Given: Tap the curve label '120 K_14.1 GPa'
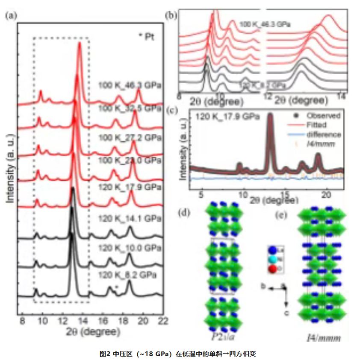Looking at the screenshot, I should click(x=130, y=219).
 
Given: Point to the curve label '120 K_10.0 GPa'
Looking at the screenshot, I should click(x=130, y=248).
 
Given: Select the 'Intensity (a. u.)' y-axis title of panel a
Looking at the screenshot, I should click(x=9, y=167).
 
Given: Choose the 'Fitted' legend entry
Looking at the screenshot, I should click(x=317, y=125).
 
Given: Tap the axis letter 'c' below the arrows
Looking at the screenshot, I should click(x=286, y=313).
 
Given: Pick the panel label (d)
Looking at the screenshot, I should click(x=185, y=212).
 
